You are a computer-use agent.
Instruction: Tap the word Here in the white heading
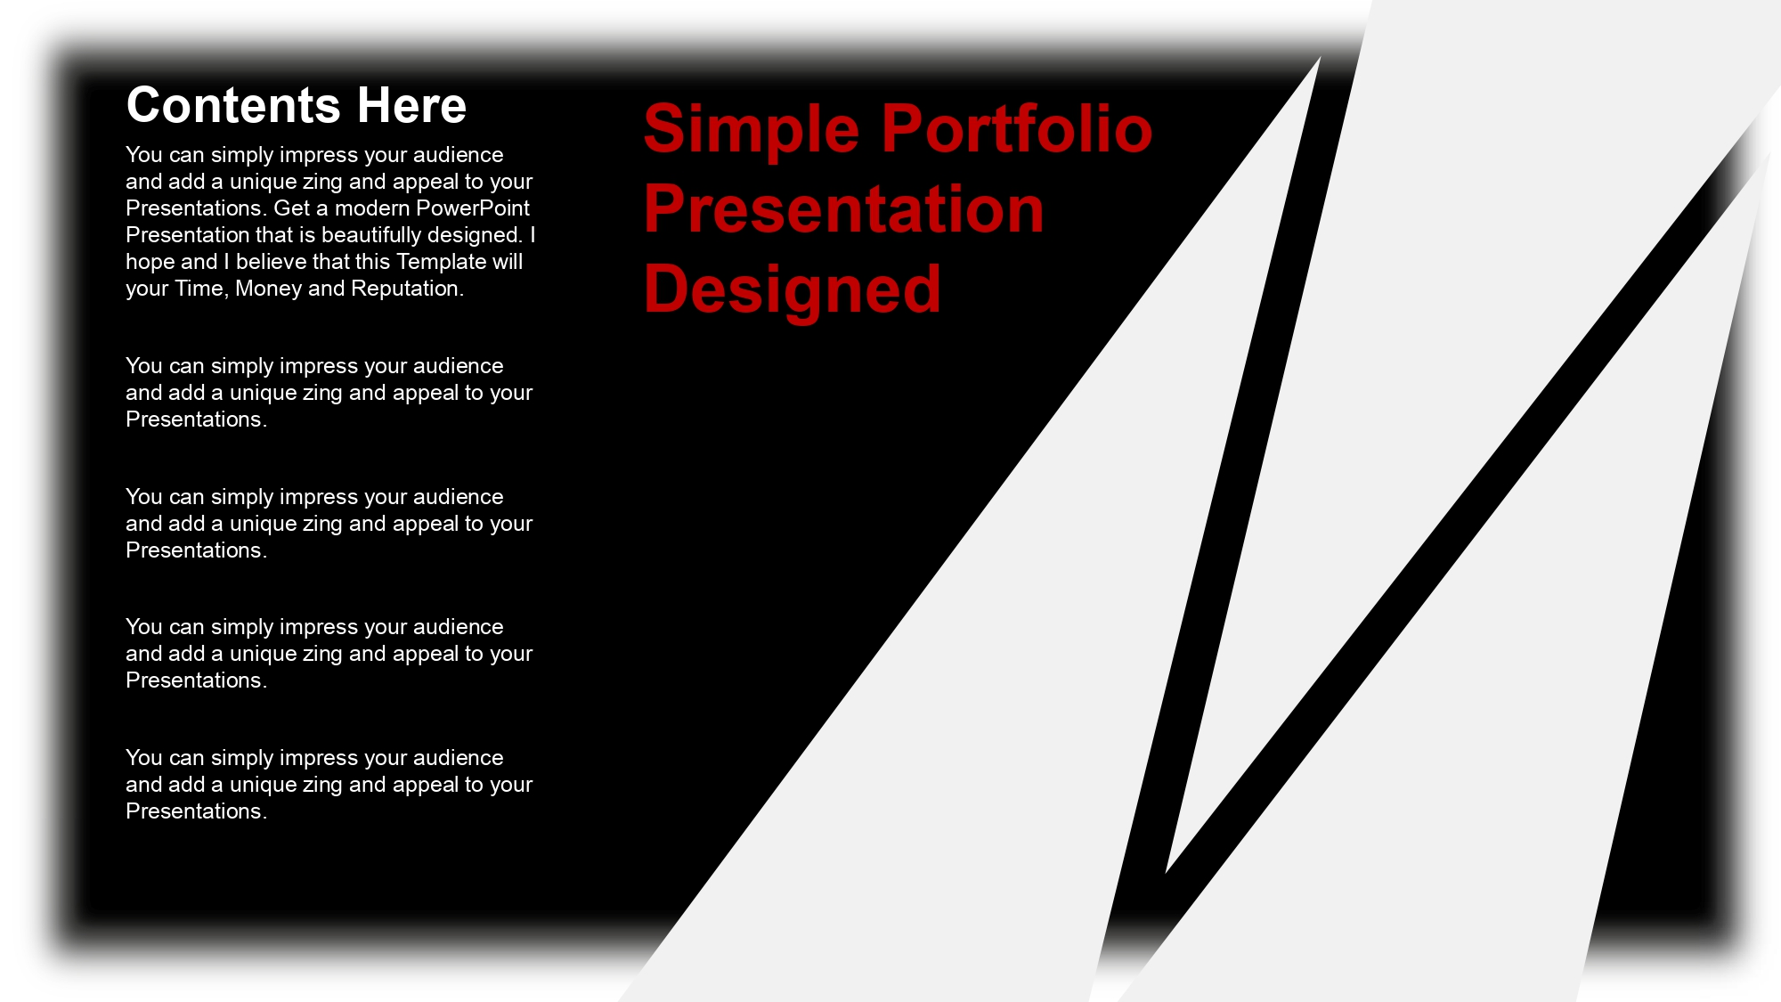click(411, 105)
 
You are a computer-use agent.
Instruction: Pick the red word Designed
click(792, 290)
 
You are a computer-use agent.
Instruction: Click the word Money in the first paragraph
click(268, 289)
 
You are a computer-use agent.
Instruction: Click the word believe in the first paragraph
click(272, 262)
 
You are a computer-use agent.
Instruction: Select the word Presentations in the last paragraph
click(196, 811)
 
